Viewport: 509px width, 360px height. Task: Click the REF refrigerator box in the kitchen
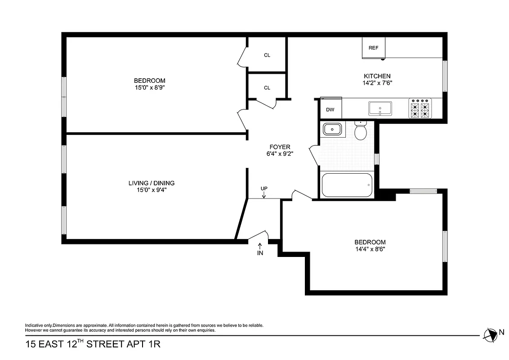pos(373,48)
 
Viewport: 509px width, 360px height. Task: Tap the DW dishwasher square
pos(330,109)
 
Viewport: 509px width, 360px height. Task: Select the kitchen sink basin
pos(380,108)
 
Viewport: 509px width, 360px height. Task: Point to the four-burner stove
pos(420,108)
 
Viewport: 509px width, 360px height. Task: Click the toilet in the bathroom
pos(361,131)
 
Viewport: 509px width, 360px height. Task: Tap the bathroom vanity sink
pos(333,130)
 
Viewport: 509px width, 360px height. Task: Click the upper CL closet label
pos(267,55)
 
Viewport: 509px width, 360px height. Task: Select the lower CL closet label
pos(267,88)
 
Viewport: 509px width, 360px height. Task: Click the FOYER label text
pos(280,147)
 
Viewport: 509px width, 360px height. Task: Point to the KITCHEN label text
pos(377,76)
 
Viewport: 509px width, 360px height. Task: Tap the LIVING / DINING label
pos(152,183)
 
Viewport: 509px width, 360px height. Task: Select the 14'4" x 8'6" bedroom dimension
pos(370,248)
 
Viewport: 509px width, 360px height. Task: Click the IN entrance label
pos(260,252)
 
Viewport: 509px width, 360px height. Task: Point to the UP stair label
pos(264,189)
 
